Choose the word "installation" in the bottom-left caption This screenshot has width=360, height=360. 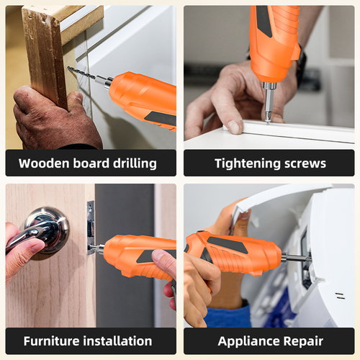point(120,341)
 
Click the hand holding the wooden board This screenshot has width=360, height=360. point(50,119)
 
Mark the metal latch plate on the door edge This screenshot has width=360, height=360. point(91,227)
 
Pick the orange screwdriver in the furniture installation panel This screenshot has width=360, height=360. point(137,256)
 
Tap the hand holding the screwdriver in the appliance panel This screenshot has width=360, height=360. point(198,288)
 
